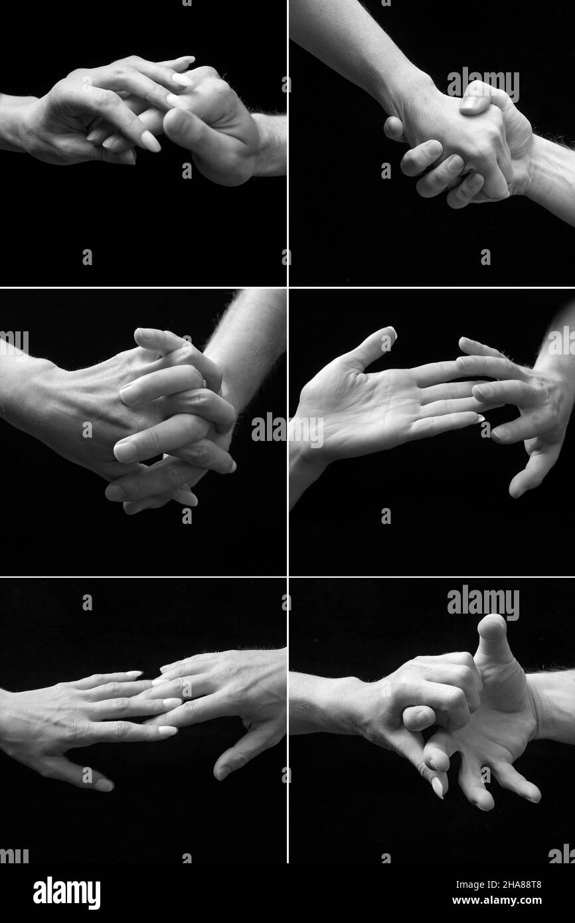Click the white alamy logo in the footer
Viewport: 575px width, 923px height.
[x=66, y=893]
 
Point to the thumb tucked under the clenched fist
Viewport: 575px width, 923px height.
[x=418, y=718]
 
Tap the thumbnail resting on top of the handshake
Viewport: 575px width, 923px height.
[x=472, y=102]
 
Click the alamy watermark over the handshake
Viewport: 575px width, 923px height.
[x=483, y=84]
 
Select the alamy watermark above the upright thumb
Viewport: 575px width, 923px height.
[x=483, y=602]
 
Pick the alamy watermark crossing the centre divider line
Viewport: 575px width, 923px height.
[x=287, y=430]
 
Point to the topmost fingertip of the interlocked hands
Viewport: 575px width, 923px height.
[x=143, y=335]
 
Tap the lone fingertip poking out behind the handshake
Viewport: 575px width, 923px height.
[x=393, y=127]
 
